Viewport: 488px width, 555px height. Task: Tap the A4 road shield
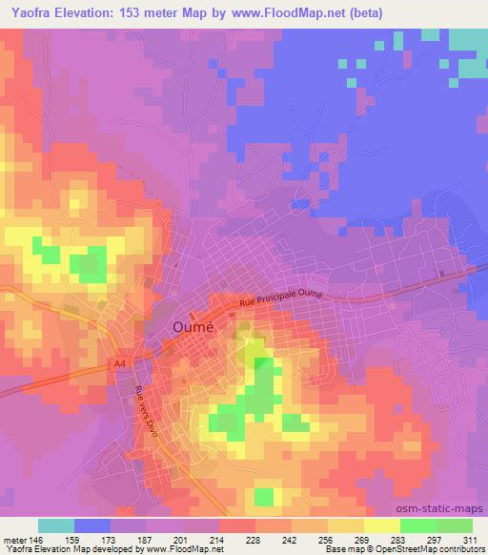(120, 363)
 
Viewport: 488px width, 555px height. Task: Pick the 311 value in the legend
(470, 539)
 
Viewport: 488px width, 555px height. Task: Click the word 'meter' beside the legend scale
(13, 539)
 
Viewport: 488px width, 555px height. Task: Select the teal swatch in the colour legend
(56, 525)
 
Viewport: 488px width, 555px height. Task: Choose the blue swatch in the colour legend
(92, 525)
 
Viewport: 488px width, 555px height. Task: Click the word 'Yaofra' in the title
(35, 12)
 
